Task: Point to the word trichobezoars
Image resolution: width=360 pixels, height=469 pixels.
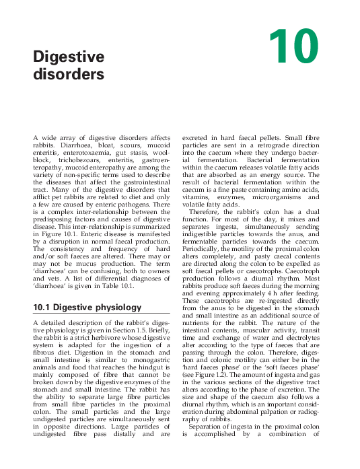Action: tap(79, 162)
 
